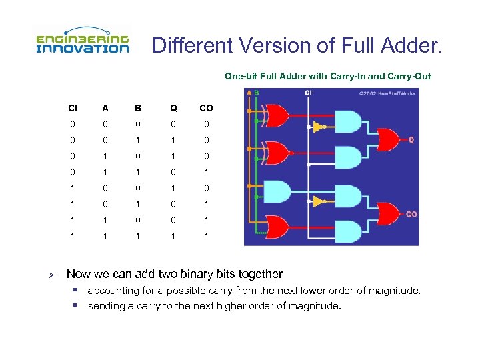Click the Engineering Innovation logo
[82, 41]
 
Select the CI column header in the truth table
[72, 108]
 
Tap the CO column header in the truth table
[206, 108]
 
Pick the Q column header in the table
[173, 108]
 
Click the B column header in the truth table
[138, 108]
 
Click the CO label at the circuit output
[412, 214]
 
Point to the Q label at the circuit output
[411, 141]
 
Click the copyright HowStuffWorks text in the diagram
[392, 93]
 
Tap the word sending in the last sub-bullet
[106, 306]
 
